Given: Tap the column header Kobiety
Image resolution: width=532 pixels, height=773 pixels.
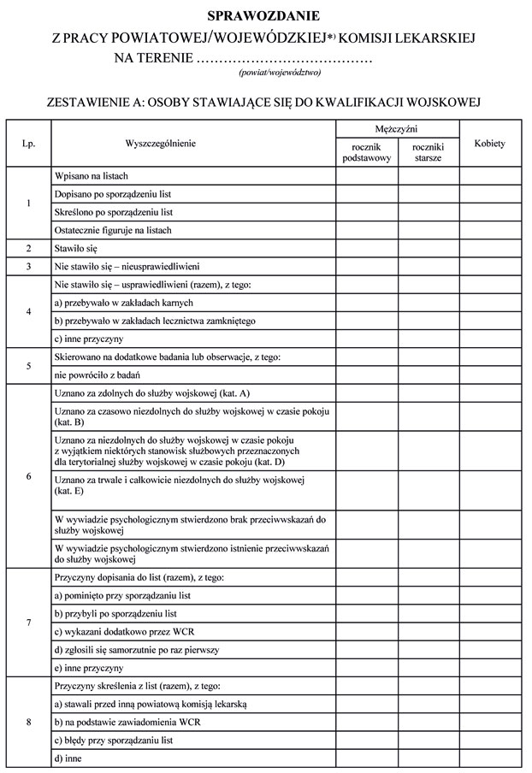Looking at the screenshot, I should click(x=489, y=144).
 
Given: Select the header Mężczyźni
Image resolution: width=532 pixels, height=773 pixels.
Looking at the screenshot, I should click(x=397, y=128).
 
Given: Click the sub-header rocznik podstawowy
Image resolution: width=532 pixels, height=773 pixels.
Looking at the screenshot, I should click(x=366, y=152).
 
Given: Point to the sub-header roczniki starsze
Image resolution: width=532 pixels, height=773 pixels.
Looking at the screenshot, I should click(x=428, y=152).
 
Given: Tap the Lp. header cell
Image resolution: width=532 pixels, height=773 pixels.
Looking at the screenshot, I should click(x=28, y=144).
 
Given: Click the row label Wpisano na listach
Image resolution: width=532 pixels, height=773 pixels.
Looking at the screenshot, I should click(x=91, y=175).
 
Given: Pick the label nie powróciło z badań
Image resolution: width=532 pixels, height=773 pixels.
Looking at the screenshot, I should click(x=96, y=375).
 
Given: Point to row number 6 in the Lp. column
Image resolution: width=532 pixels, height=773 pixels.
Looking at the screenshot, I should click(x=28, y=476).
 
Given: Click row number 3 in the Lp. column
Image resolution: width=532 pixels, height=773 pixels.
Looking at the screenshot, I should click(x=28, y=267).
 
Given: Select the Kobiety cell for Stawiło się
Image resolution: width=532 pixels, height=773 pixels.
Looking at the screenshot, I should click(x=489, y=249).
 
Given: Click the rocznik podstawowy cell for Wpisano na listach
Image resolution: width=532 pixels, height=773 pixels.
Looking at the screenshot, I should click(x=366, y=175).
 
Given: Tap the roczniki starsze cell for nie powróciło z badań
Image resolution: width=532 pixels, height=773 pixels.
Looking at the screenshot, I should click(x=428, y=375).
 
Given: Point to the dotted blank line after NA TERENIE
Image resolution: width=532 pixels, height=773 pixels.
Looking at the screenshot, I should click(x=285, y=60).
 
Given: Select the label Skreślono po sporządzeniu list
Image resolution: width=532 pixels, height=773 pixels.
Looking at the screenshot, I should click(x=113, y=212).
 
